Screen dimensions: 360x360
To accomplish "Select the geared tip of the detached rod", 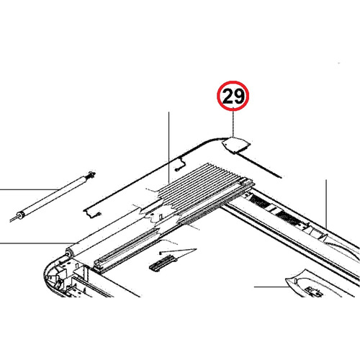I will tap(90, 175).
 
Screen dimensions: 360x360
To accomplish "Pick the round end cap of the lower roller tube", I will tap(71, 252).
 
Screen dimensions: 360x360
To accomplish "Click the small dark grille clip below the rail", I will tap(163, 261).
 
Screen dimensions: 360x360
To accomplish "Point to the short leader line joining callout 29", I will tap(232, 122).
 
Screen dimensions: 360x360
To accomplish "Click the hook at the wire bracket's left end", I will tap(86, 211).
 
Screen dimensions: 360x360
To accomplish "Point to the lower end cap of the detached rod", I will tap(22, 214).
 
